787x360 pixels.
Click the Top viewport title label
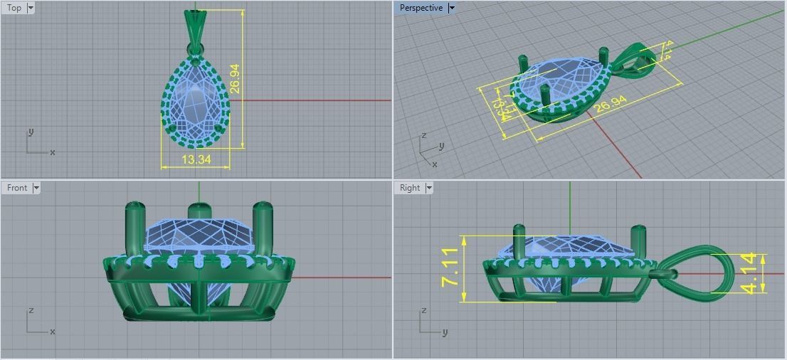tap(14, 8)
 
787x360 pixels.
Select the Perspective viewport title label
tap(421, 8)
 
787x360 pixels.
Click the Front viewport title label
tap(17, 188)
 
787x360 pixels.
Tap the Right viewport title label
tap(410, 188)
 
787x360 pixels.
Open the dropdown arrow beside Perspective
tap(452, 8)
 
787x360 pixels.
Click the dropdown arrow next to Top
tap(30, 8)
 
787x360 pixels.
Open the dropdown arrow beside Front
tap(36, 188)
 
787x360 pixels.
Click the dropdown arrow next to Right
tap(429, 188)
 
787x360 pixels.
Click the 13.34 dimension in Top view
tap(196, 159)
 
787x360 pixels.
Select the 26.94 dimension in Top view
tap(235, 79)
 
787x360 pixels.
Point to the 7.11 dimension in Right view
tap(450, 268)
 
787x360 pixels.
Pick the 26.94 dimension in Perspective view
tap(611, 104)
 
